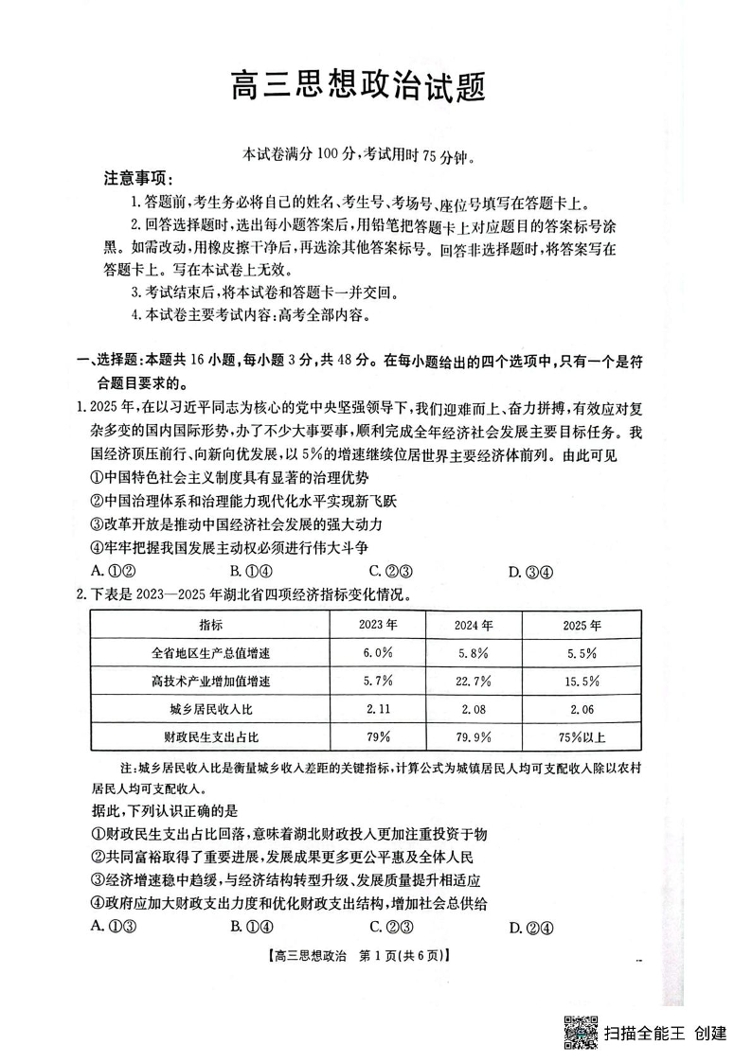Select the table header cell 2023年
click(x=377, y=626)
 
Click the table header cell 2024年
click(x=474, y=626)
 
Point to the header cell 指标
click(x=210, y=626)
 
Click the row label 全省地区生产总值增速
click(x=210, y=653)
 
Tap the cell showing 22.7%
click(x=474, y=682)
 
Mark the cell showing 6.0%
click(x=377, y=653)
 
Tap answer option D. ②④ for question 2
click(x=530, y=927)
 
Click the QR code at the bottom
click(x=581, y=1031)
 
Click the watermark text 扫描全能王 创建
click(x=665, y=1032)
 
